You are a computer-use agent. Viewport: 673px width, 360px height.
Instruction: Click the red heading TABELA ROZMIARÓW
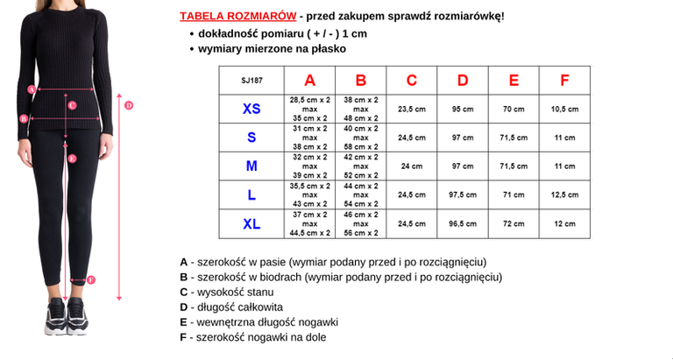click(237, 16)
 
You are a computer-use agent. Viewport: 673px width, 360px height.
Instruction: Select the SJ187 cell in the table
click(251, 81)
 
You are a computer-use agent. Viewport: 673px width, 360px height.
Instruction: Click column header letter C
click(411, 81)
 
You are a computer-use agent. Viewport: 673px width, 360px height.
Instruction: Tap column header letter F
click(564, 81)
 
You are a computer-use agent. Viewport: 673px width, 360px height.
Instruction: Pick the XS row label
click(251, 109)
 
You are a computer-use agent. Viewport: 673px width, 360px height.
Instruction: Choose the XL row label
click(251, 224)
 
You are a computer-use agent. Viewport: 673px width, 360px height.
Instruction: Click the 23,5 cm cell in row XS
click(411, 109)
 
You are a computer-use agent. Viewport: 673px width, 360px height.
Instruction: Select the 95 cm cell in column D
click(463, 109)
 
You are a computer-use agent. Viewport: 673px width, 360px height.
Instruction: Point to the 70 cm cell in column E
click(514, 109)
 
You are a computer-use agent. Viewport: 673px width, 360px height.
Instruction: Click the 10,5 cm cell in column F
click(564, 109)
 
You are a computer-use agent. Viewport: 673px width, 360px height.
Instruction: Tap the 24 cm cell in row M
click(411, 166)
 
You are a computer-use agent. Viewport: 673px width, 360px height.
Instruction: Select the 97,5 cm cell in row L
click(463, 195)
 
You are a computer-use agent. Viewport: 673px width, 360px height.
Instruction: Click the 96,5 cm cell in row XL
click(463, 224)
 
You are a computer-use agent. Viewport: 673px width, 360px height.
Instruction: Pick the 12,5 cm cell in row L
click(564, 195)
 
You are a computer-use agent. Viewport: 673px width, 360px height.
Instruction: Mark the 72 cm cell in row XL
click(514, 224)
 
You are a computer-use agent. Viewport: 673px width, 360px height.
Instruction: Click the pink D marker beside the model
click(128, 105)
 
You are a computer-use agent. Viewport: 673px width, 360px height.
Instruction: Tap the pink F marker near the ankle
click(91, 280)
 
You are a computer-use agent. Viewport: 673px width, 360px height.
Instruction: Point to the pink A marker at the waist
click(32, 88)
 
